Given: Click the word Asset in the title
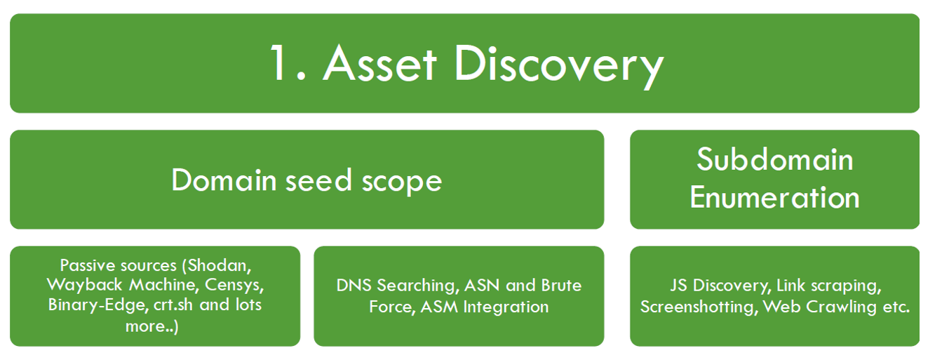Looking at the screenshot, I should (x=379, y=64).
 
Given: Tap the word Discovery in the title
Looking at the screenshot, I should (x=558, y=64).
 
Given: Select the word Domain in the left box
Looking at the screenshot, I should (x=224, y=180).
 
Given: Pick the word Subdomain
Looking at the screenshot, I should (x=774, y=160).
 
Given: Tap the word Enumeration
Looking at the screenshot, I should (x=774, y=197).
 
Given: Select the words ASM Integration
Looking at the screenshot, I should (x=484, y=307).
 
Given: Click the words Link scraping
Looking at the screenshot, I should (x=827, y=286).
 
